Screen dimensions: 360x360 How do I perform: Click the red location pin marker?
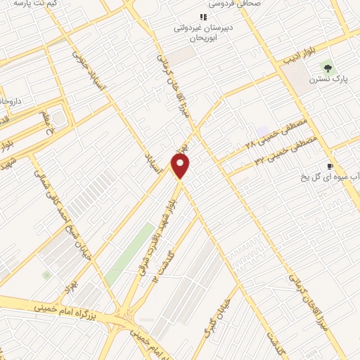coord(181,166)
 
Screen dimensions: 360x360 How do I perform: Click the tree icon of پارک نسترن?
coord(327,67)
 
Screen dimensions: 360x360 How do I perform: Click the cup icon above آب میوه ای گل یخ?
coord(330,166)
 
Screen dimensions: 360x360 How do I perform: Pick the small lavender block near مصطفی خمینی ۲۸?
coord(263,131)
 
